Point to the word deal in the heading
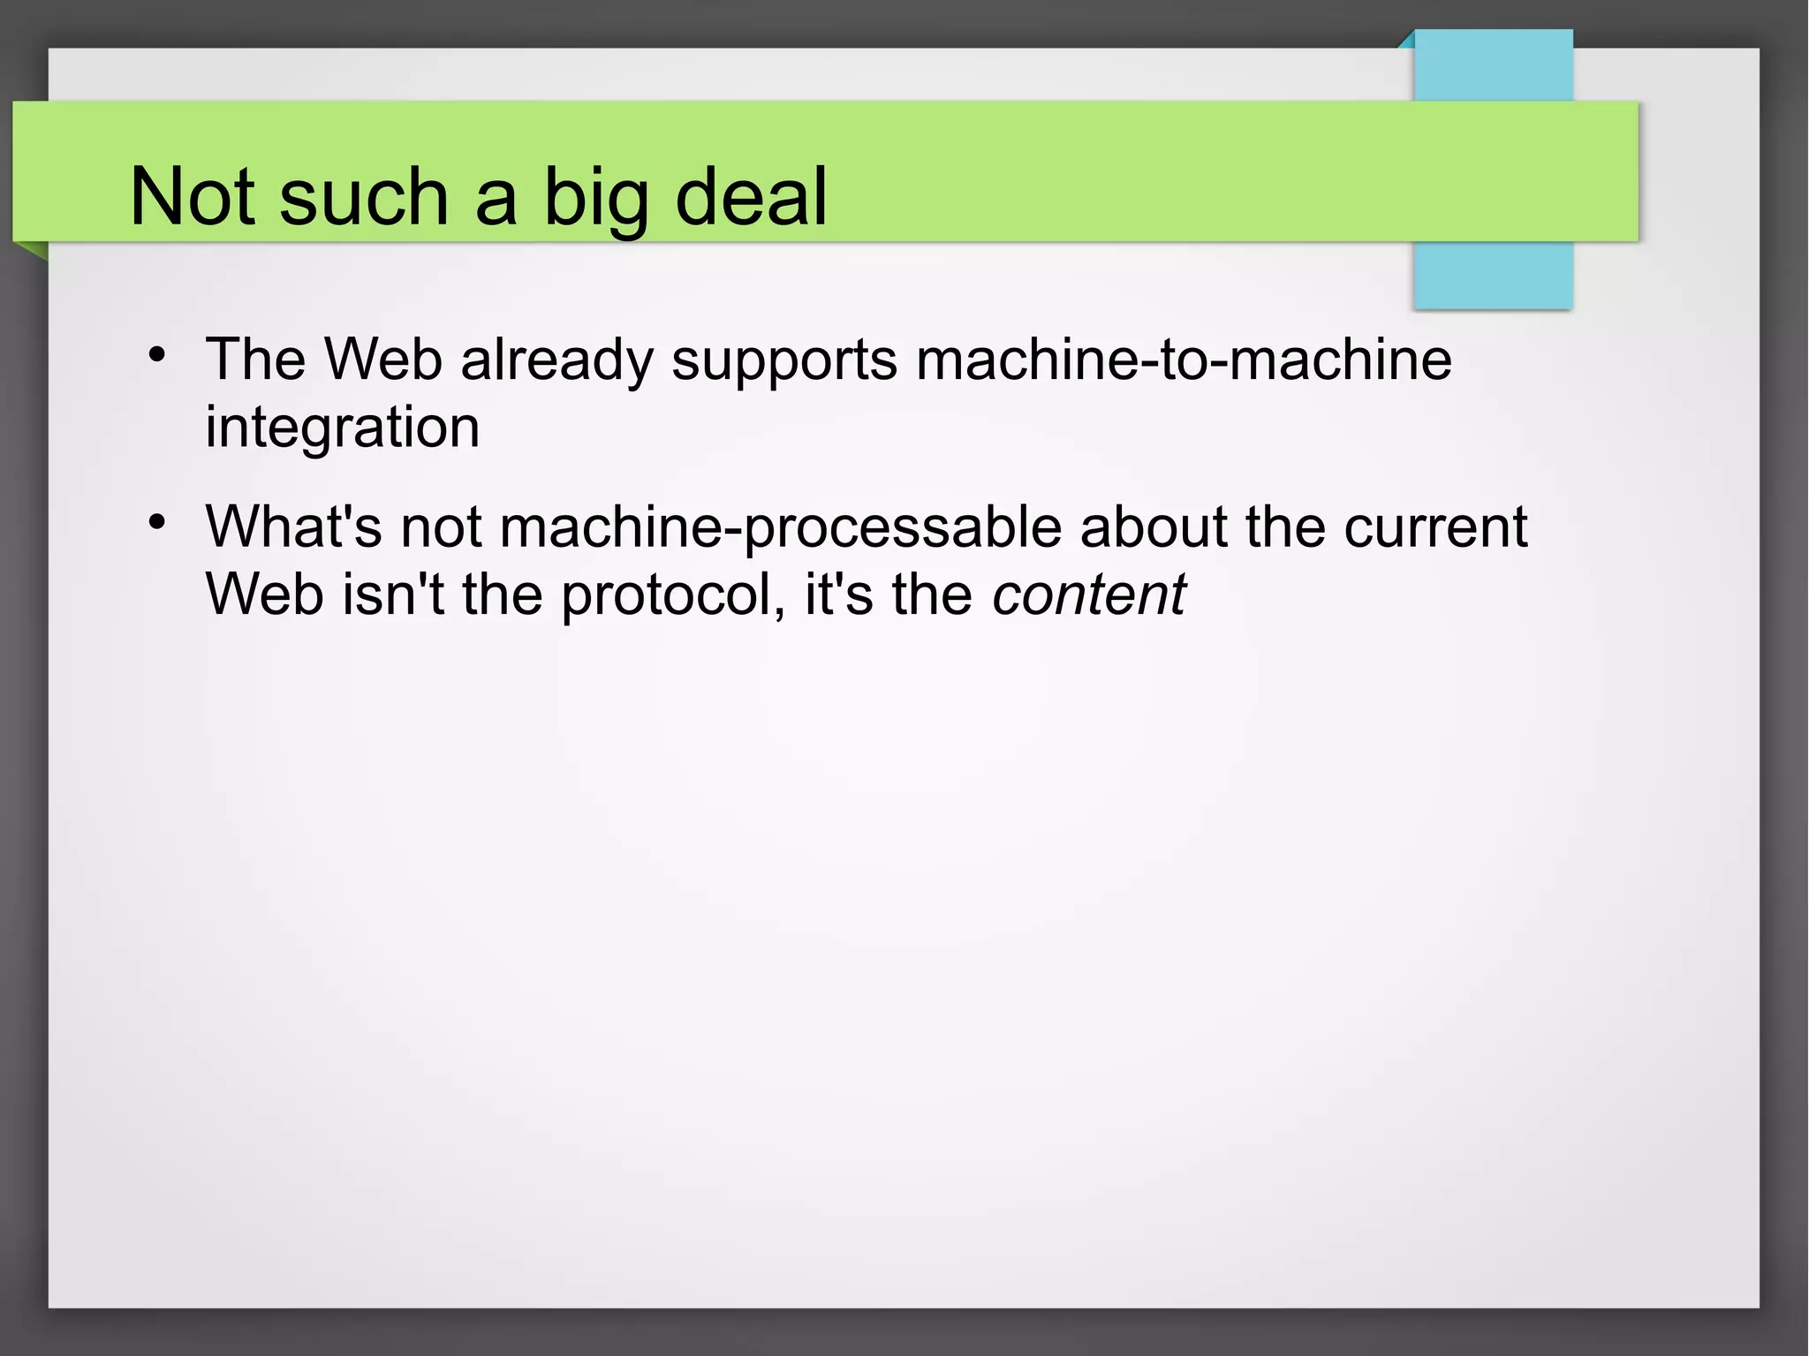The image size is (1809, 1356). coord(751,196)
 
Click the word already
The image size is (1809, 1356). coord(556,360)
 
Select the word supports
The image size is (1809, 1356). coord(784,360)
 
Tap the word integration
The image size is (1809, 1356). coord(343,428)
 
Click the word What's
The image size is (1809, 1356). coord(293,526)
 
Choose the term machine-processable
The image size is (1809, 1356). coord(780,528)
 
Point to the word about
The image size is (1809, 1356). coord(1154,526)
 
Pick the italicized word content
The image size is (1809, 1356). coord(1088,594)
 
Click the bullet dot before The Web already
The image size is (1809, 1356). coord(157,355)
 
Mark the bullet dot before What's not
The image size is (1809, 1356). coord(157,522)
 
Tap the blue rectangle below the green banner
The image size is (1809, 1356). coord(1493,275)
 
